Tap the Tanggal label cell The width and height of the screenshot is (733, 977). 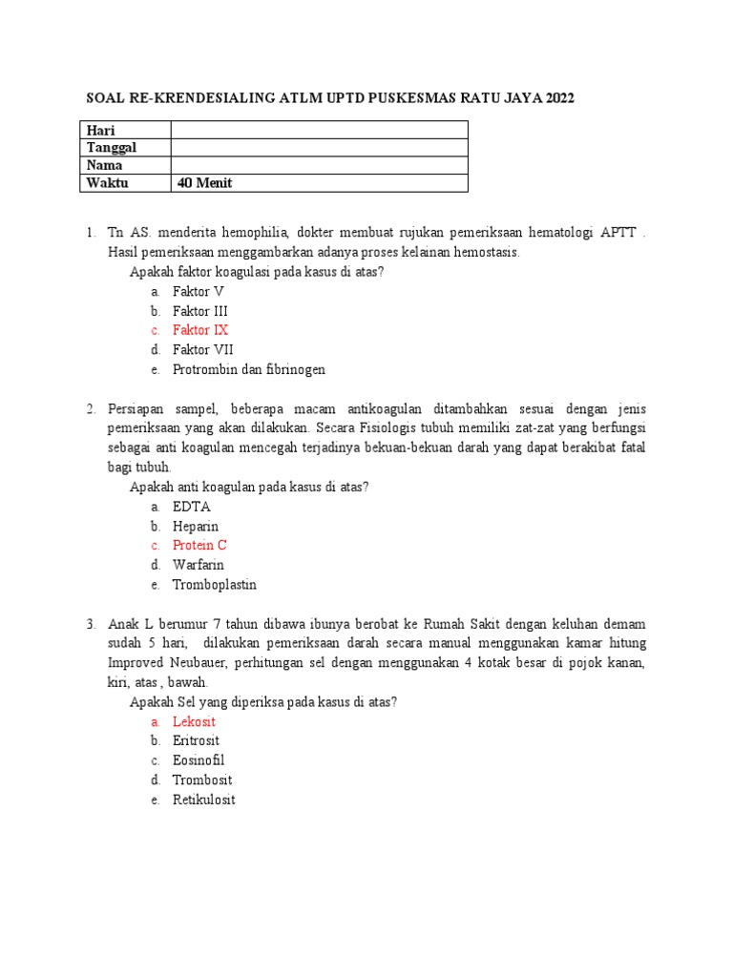(x=112, y=147)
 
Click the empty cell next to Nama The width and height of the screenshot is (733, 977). (x=319, y=165)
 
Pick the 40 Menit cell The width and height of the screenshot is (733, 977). (x=204, y=182)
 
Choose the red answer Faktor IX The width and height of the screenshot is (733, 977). (x=200, y=330)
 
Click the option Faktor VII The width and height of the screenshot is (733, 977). (x=202, y=349)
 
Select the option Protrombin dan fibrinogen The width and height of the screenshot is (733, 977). (x=249, y=369)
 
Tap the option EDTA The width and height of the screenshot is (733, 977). (x=192, y=507)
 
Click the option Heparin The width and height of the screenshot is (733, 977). (x=196, y=526)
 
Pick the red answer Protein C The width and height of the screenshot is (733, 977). (x=199, y=546)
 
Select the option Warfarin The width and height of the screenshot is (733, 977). (x=199, y=565)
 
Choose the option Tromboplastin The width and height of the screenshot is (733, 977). (x=215, y=585)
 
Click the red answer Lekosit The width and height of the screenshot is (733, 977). (x=194, y=721)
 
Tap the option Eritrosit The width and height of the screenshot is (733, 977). (x=196, y=740)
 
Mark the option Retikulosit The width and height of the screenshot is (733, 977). (x=203, y=800)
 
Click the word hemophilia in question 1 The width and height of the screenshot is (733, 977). (x=254, y=233)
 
